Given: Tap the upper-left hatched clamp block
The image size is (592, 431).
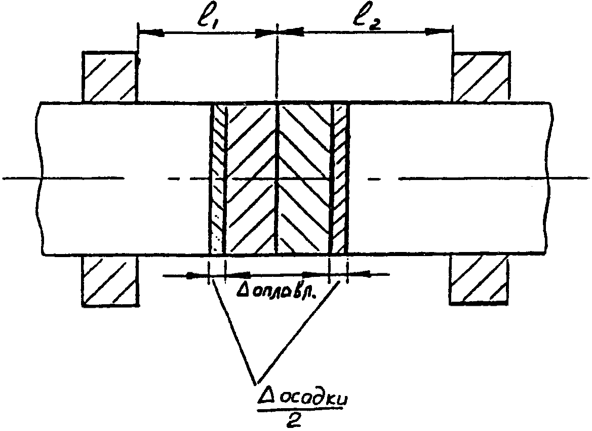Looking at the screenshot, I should [x=110, y=77].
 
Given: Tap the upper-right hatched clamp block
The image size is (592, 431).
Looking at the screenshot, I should [x=480, y=77].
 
